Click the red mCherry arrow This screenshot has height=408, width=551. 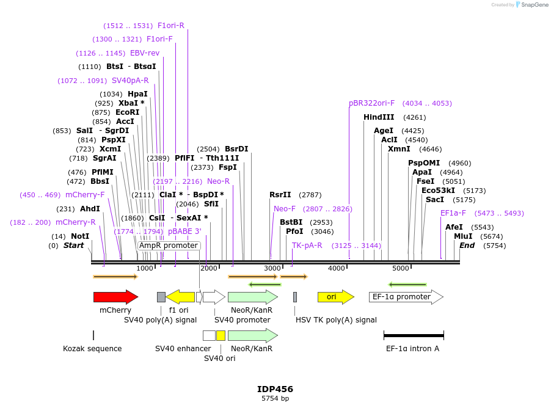pos(115,297)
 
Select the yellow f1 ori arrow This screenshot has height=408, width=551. pos(180,297)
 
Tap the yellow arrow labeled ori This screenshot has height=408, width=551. pos(335,297)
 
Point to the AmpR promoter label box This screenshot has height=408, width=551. pos(169,246)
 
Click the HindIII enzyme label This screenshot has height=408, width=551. pos(379,117)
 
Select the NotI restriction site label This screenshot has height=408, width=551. pos(80,236)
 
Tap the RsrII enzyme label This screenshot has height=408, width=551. pos(280,195)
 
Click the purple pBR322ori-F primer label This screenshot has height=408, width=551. pos(372,103)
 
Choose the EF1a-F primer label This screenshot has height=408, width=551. pos(453,213)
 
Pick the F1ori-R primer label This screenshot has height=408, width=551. pos(171,26)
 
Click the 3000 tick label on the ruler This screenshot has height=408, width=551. pos(272,269)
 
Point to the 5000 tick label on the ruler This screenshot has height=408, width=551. pos(401,269)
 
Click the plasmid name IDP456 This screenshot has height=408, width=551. pos(275,389)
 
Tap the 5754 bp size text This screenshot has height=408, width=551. pos(275,399)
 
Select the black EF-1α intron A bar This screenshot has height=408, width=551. pos(414,335)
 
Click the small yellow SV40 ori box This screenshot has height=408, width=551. pos(221,335)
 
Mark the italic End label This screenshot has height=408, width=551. pos(467,246)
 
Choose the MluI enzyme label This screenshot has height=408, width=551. pos(463,236)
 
